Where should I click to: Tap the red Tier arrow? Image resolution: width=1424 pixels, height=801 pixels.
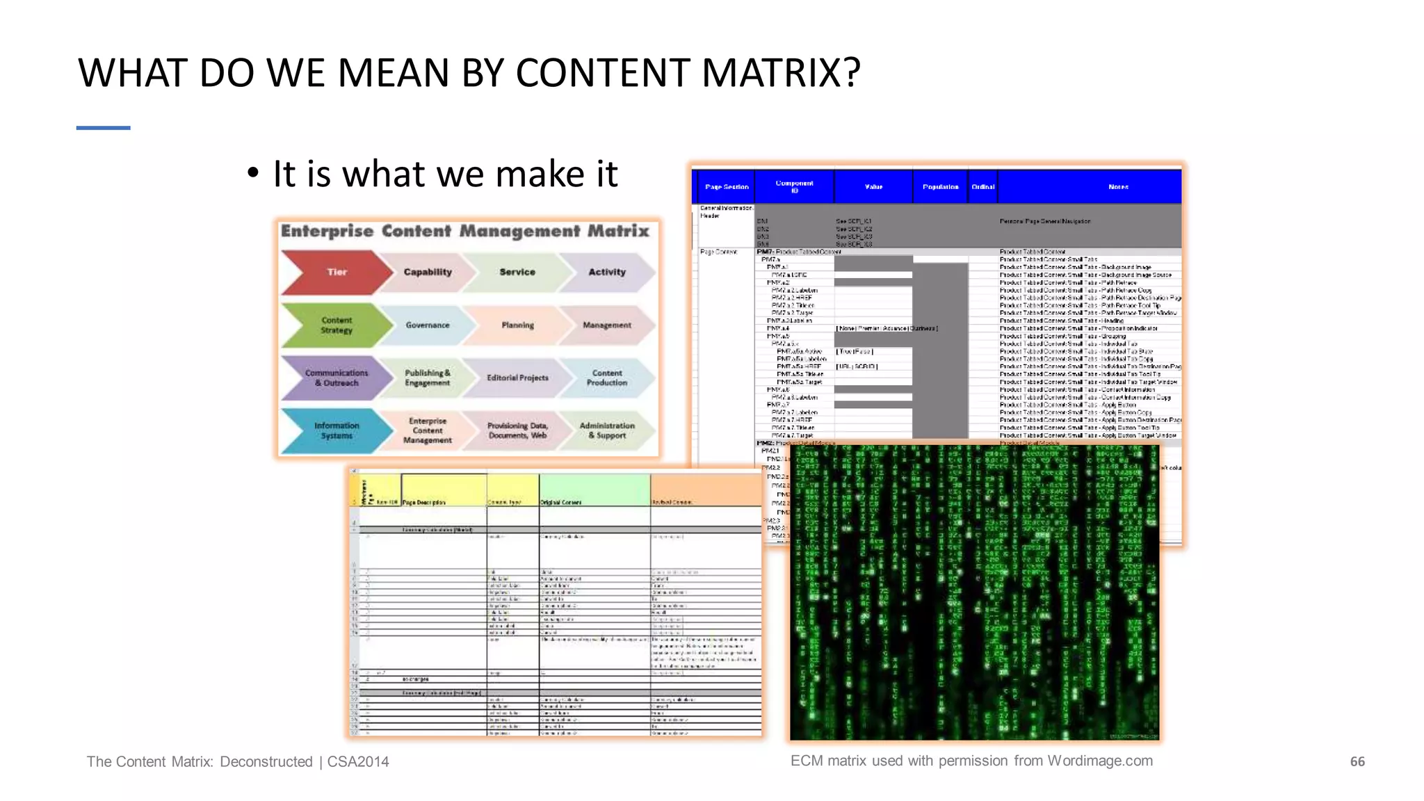click(337, 272)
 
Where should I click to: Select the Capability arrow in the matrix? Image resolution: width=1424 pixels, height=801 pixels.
click(428, 272)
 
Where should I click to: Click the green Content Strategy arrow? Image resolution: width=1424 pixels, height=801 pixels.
click(337, 325)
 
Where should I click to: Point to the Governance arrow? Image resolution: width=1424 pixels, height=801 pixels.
click(428, 325)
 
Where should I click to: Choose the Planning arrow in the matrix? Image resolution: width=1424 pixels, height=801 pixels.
click(518, 325)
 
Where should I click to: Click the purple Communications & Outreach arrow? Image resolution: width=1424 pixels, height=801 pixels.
click(337, 378)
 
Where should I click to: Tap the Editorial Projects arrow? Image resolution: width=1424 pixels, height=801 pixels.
click(518, 378)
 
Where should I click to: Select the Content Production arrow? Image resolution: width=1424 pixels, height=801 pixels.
click(607, 378)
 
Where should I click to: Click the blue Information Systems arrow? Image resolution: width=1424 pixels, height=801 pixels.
click(337, 430)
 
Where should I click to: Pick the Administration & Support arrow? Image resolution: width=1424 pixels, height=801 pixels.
click(607, 430)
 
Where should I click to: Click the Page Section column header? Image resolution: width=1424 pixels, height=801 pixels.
click(727, 187)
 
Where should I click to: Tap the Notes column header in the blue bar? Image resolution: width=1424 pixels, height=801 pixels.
click(1118, 187)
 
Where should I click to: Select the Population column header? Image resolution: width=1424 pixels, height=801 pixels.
click(940, 187)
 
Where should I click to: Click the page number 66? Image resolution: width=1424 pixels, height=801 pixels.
click(1357, 762)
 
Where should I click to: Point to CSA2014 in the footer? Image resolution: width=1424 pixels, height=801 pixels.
click(358, 762)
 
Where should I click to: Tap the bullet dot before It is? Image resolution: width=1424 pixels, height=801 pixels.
click(253, 173)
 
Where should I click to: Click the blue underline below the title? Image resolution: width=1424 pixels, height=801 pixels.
click(104, 128)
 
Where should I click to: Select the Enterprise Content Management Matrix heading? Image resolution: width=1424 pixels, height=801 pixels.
click(465, 232)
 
